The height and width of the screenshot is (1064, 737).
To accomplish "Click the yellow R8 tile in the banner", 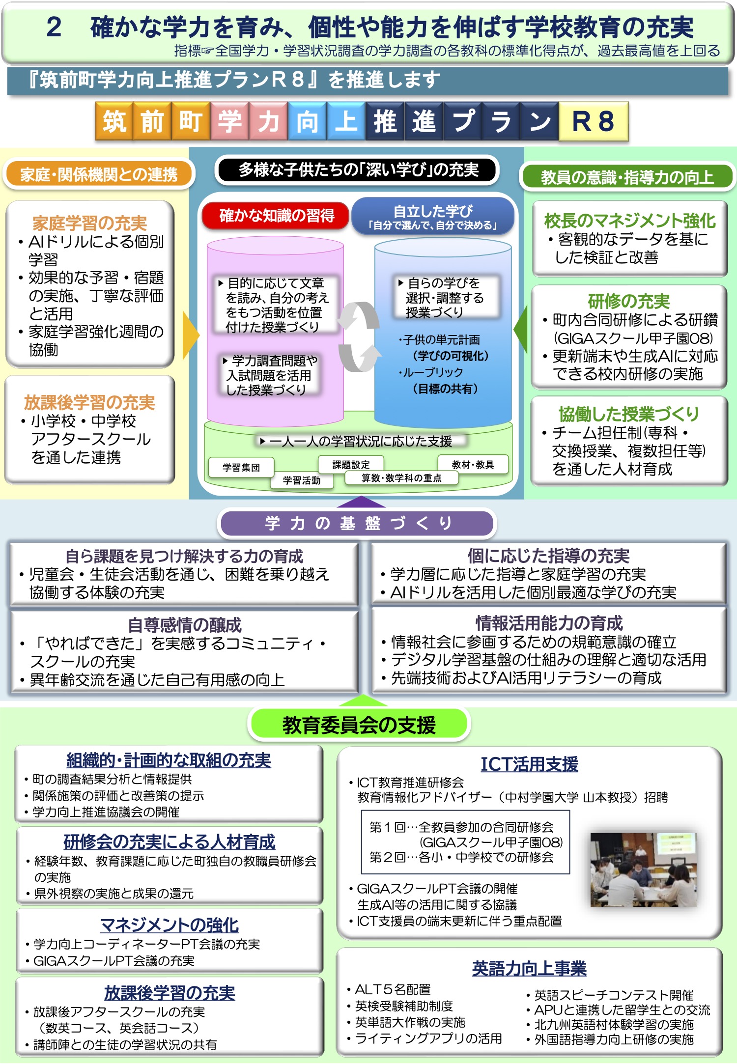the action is click(x=594, y=121).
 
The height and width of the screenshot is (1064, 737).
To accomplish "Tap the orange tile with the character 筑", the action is click(x=114, y=121).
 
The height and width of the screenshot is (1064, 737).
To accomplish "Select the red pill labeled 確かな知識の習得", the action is click(x=276, y=216).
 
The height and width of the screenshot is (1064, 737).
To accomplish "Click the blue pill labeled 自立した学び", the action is click(x=433, y=216).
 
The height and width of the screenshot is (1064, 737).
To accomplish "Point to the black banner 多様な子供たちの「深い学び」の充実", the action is click(x=357, y=170).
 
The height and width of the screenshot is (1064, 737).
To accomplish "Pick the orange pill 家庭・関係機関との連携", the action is click(x=99, y=174).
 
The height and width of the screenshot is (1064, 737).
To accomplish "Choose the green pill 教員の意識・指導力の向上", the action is click(x=627, y=177).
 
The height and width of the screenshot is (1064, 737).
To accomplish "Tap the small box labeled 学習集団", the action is click(x=241, y=468).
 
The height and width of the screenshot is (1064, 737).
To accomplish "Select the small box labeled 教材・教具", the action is click(x=473, y=465).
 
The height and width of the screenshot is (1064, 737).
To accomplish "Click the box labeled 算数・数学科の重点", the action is click(x=401, y=478).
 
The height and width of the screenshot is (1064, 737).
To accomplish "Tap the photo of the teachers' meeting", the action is click(x=643, y=869).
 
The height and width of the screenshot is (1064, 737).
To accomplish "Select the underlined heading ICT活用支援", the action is click(x=529, y=764).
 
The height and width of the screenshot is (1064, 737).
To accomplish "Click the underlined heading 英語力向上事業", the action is click(x=529, y=968).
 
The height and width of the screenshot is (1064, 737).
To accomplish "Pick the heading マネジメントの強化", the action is click(x=170, y=925).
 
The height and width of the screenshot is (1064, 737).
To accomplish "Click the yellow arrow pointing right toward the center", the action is click(x=191, y=336).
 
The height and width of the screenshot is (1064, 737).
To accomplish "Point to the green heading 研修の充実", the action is click(x=629, y=301).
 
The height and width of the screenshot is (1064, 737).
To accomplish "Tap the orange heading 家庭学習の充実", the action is click(x=89, y=224).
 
